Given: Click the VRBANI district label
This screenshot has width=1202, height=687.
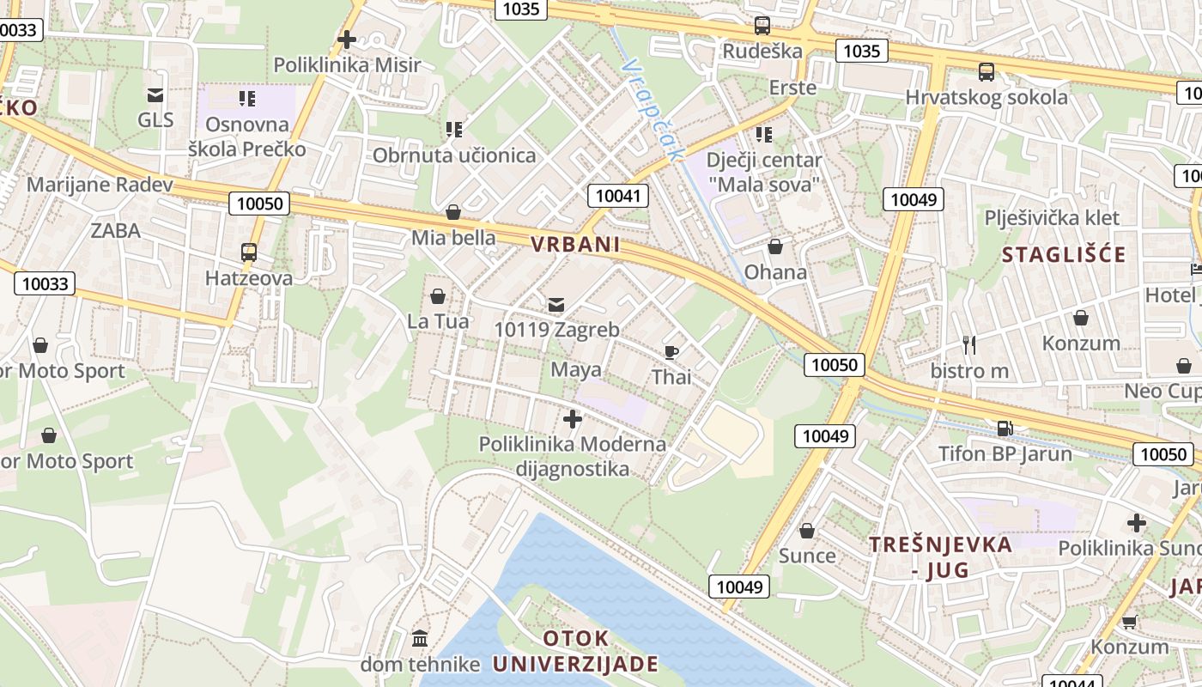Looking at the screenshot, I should [x=574, y=245].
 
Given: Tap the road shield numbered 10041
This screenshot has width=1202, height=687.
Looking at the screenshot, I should [x=618, y=196].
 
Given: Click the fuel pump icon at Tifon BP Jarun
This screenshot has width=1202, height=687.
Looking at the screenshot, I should [x=1004, y=427].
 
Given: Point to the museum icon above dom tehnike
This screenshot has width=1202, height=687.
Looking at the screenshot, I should [x=420, y=638].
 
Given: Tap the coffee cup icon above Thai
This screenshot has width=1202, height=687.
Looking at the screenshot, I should [x=671, y=351].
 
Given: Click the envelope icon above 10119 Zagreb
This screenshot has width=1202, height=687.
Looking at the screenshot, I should [x=556, y=304].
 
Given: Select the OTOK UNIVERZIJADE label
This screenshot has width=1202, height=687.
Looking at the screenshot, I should [x=575, y=652].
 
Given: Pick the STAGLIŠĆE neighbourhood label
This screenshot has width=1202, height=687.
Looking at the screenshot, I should [x=1063, y=254].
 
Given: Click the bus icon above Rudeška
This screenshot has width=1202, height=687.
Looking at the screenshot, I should [x=762, y=25].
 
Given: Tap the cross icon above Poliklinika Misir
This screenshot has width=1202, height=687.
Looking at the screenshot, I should [x=347, y=40].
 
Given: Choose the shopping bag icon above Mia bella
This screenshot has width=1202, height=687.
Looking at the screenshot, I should [x=453, y=212].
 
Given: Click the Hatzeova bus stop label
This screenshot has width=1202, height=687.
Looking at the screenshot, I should [x=248, y=278].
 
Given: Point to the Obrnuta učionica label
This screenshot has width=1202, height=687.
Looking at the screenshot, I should [x=453, y=155].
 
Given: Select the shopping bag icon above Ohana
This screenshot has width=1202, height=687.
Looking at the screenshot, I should [x=775, y=247].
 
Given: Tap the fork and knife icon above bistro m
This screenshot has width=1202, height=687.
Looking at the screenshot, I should [x=969, y=345].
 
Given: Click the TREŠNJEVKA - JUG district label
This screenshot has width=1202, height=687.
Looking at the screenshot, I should [x=940, y=556].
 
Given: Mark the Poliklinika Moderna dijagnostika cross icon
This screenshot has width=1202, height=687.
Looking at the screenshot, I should [x=572, y=419].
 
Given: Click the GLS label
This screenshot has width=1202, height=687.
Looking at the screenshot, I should [x=155, y=119].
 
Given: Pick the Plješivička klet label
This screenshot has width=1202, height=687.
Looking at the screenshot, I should [x=1053, y=217].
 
